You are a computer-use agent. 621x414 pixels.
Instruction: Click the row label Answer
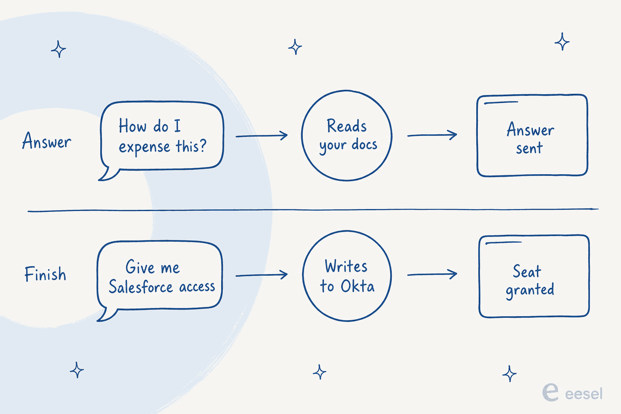(x=46, y=141)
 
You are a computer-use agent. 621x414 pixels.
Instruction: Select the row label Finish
(x=45, y=274)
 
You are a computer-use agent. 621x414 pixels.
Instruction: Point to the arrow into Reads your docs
(x=262, y=136)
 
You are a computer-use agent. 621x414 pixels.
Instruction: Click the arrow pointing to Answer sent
(x=432, y=135)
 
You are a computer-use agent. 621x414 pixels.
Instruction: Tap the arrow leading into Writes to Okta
(x=262, y=275)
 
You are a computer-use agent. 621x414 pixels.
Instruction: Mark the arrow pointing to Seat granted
(x=432, y=275)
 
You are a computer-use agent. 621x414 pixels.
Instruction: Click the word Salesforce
(x=141, y=286)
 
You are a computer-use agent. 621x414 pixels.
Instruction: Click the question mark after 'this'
(x=203, y=145)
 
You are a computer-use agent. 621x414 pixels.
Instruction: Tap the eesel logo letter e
(x=551, y=393)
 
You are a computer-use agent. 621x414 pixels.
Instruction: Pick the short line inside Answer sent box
(x=501, y=103)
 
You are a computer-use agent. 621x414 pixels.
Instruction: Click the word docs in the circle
(x=365, y=144)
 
